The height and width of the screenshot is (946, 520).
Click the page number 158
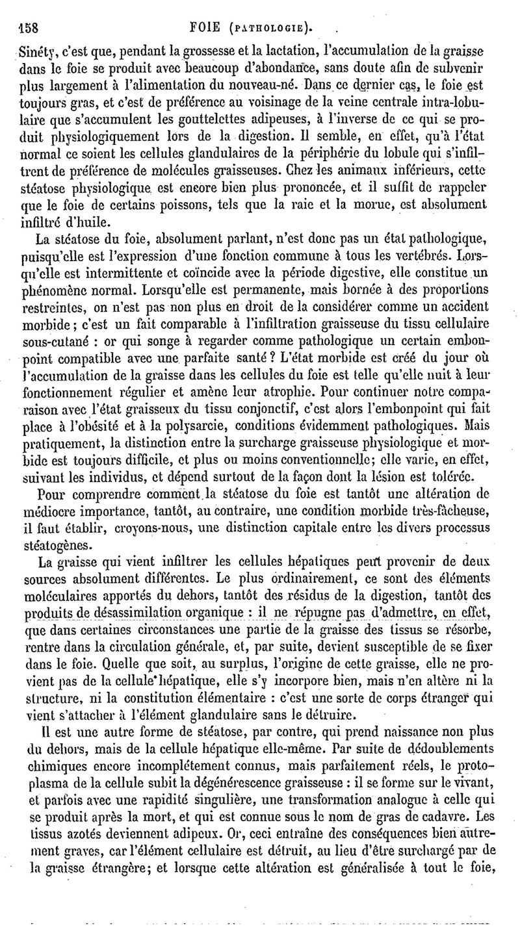point(23,29)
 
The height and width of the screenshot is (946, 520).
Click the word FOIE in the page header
point(207,28)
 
